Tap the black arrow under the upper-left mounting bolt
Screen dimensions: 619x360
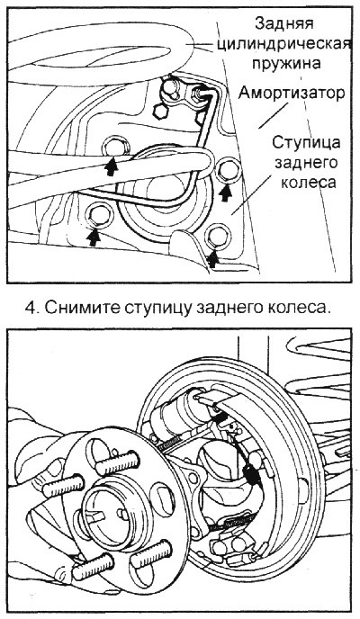[x=111, y=164]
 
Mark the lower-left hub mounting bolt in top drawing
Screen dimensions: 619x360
[x=97, y=216]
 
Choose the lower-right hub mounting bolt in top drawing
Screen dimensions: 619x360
[x=215, y=238]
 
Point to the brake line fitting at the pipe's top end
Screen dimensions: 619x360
[x=200, y=92]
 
